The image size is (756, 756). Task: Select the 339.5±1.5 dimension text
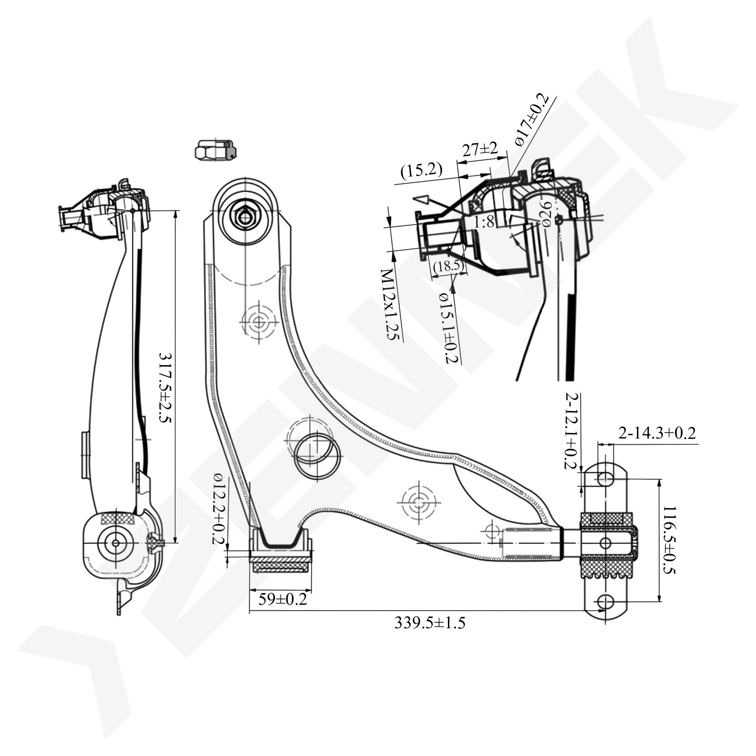[x=430, y=623]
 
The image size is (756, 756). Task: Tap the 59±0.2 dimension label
[x=282, y=599]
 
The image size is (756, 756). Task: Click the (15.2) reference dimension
[x=421, y=170]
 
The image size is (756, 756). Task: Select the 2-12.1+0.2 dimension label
[x=572, y=431]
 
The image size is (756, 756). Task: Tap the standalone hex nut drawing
[x=216, y=150]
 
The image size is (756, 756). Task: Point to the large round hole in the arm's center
[x=318, y=454]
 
